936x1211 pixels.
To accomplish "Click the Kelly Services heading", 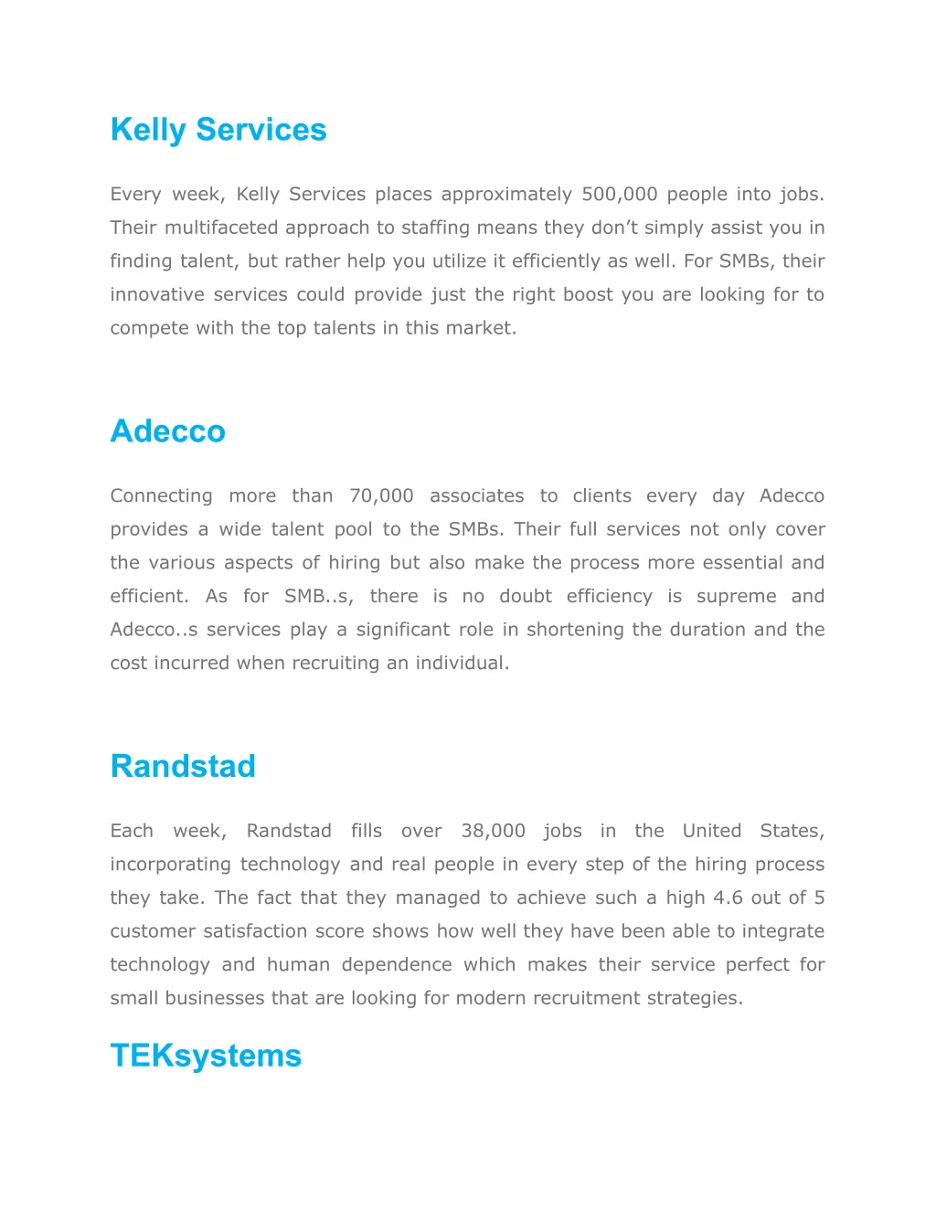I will [218, 130].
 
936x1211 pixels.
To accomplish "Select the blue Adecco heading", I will [167, 430].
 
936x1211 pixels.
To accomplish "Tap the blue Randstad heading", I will [183, 766].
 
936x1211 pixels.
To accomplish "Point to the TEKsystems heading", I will [206, 1056].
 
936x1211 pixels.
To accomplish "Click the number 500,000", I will [620, 194].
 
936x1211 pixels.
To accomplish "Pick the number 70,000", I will [381, 495].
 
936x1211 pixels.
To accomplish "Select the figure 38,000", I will [493, 831].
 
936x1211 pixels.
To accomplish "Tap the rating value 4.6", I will [729, 898].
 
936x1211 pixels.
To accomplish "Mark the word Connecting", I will [161, 495].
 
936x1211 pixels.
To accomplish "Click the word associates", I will [476, 495].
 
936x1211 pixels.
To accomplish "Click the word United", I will [711, 831].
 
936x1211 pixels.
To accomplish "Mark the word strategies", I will [695, 998].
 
